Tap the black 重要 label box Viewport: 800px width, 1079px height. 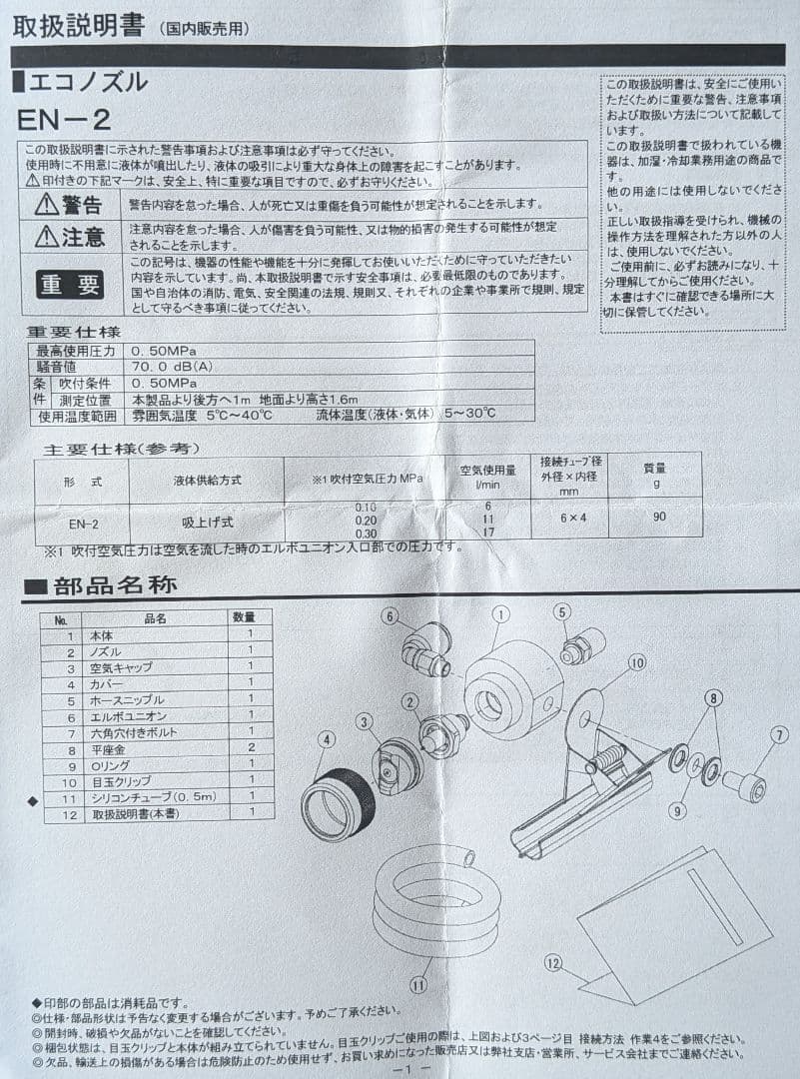70,285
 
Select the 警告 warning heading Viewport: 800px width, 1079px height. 69,206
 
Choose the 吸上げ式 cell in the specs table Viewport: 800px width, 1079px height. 201,522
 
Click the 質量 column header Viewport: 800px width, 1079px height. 655,467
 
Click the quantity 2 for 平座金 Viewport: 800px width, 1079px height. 251,749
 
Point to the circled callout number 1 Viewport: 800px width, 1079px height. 500,615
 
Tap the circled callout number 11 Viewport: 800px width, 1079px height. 417,983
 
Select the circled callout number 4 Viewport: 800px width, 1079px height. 327,740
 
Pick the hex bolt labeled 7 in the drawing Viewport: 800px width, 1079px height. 743,786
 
